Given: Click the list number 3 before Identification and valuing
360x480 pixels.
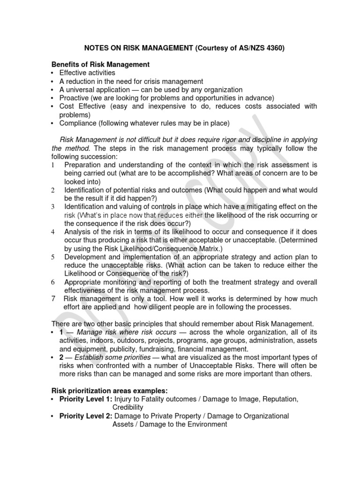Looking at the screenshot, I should coord(53,207).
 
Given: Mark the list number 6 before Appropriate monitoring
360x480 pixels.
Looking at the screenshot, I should coord(53,283).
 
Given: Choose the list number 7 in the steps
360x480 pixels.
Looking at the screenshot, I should coord(53,299).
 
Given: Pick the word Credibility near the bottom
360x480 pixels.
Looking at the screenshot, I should coord(128,407).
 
